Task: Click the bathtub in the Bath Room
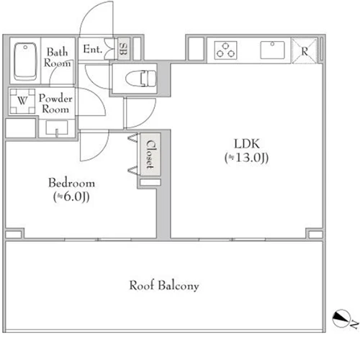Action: pos(25,61)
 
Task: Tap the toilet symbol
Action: pos(140,78)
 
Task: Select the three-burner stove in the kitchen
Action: pos(225,50)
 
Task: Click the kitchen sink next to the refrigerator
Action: pos(272,50)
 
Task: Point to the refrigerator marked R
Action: pos(305,50)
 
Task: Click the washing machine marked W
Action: pos(22,101)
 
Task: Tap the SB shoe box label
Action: pos(123,49)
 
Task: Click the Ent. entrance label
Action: pos(93,49)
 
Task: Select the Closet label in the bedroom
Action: pos(150,154)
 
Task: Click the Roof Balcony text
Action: pos(164,286)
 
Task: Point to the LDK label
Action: pos(247,144)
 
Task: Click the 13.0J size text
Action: pos(246,158)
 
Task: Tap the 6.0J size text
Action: pos(71,197)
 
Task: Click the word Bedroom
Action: pos(71,183)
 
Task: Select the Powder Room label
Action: pos(55,104)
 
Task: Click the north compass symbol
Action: pos(341,318)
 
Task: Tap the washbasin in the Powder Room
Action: pos(57,128)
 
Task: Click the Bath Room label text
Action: pos(57,58)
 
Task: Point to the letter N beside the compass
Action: pos(355,325)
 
